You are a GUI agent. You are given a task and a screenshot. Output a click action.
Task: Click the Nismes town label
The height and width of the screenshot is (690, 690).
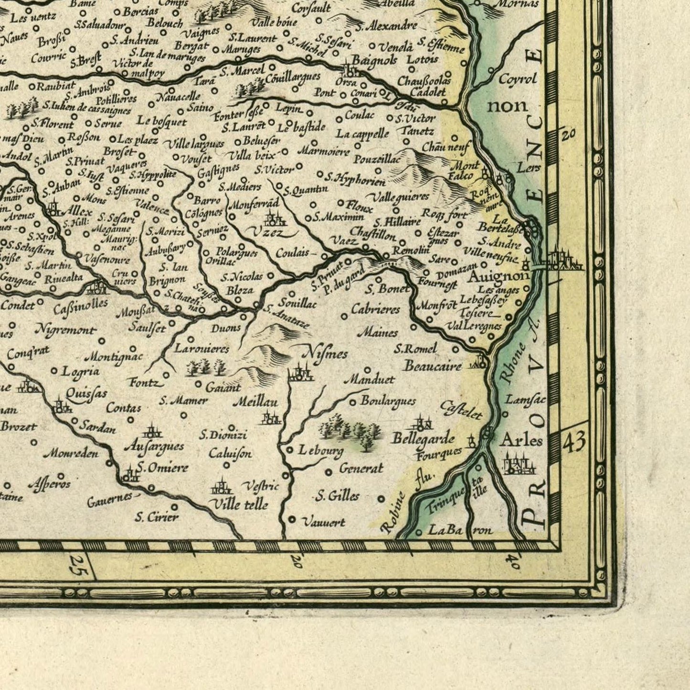[325, 354]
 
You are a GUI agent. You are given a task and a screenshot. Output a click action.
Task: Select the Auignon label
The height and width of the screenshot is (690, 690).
[498, 276]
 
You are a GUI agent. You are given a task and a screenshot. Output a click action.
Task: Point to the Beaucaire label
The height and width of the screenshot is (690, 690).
[432, 366]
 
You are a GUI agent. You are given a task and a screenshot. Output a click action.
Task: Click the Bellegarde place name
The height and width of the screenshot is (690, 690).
[423, 438]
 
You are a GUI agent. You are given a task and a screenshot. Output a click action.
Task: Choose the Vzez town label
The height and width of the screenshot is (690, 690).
[266, 233]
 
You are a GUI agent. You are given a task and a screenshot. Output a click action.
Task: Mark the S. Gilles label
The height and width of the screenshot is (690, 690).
[338, 496]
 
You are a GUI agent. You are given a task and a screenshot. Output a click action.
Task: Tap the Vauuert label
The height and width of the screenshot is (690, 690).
[324, 522]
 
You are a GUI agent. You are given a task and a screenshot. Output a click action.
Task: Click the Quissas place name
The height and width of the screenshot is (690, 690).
[86, 393]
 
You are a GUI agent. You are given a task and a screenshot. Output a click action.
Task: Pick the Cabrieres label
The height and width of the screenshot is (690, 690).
[375, 309]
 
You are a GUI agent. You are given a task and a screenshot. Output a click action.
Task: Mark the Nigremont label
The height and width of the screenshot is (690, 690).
[66, 329]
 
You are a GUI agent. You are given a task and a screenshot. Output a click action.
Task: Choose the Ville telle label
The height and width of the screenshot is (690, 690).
[239, 504]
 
